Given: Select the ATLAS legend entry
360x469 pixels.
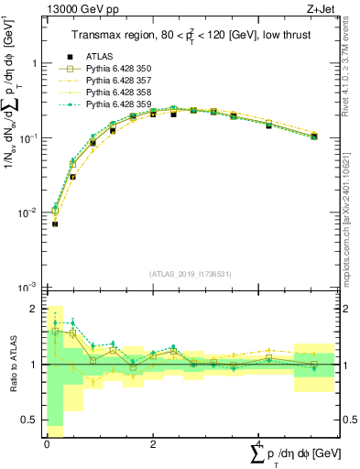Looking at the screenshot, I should (100, 56).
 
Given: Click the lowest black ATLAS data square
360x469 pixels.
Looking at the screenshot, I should (55, 224).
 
